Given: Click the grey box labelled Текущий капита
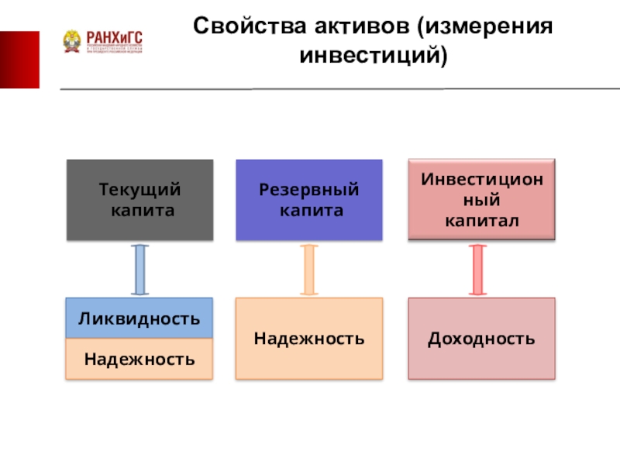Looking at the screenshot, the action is coord(139,200).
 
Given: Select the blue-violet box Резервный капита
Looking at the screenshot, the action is coord(309,200).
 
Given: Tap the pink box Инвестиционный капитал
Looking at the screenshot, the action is coord(481,200).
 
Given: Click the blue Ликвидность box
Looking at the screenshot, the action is coord(139,319).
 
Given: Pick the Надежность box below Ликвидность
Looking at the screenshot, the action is coord(139,360).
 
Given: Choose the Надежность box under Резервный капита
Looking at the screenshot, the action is coord(309,339).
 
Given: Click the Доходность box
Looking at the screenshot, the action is coord(481,339).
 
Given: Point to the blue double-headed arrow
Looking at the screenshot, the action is coord(140,269).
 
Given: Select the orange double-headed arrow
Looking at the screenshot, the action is coord(309,269).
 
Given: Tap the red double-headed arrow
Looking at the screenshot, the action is coord(478,269).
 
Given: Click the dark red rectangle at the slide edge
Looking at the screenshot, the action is coord(19,60).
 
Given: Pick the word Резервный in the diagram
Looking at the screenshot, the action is coord(309,190).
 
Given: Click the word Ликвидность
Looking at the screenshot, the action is coord(139,319).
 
